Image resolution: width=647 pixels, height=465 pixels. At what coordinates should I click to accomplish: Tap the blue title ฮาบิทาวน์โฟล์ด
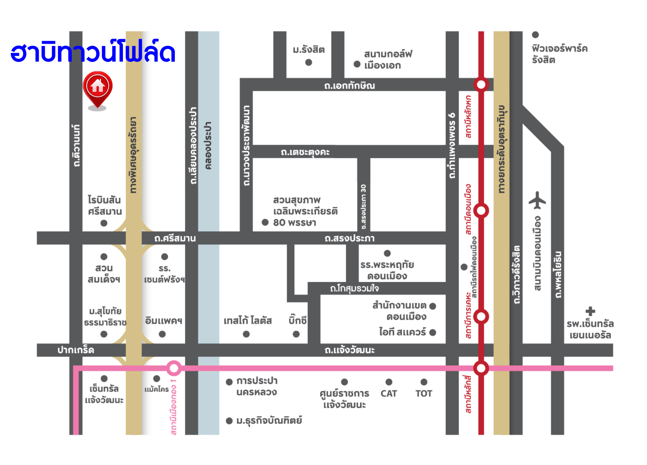click(x=93, y=52)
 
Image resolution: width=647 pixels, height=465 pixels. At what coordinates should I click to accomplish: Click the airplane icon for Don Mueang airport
click(x=537, y=200)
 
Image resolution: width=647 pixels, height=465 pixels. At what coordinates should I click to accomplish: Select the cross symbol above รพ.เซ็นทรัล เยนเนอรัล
click(x=590, y=312)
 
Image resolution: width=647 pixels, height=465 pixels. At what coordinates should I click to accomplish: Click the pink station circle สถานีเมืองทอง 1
click(x=174, y=368)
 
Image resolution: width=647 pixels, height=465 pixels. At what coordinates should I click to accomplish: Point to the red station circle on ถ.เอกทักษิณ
click(x=481, y=84)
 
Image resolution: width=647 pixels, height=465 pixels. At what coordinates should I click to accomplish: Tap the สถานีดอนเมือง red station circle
click(x=481, y=210)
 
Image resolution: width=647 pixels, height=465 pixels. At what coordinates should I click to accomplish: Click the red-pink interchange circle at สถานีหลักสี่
click(x=481, y=368)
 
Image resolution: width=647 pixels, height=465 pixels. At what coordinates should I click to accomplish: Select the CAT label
click(x=389, y=394)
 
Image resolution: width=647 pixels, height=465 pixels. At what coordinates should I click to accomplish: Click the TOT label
click(x=423, y=394)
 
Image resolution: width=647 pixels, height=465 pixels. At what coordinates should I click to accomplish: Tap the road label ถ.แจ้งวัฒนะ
click(x=349, y=350)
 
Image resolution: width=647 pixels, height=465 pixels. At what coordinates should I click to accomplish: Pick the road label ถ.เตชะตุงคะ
click(x=305, y=152)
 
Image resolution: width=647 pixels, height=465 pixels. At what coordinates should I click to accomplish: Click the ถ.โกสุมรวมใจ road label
click(x=354, y=288)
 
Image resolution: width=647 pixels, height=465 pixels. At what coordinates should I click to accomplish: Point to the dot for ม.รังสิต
click(x=309, y=62)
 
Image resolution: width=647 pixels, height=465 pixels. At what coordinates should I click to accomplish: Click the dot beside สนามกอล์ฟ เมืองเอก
click(x=357, y=64)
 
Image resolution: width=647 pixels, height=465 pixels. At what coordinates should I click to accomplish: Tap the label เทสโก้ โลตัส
click(x=247, y=321)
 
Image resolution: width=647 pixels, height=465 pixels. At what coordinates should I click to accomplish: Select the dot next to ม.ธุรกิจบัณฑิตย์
click(x=229, y=421)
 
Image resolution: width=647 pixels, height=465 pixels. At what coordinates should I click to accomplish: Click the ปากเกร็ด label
click(x=76, y=350)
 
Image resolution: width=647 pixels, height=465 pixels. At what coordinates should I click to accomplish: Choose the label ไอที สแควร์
click(x=402, y=332)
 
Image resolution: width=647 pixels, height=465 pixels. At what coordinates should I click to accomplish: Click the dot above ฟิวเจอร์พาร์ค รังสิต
click(x=535, y=35)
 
